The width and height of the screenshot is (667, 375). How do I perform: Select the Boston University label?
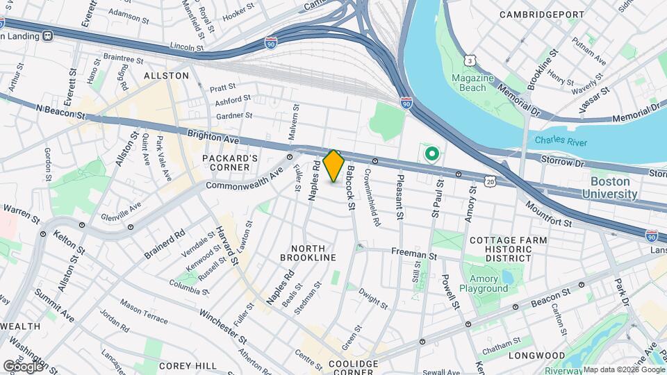click(x=614, y=187)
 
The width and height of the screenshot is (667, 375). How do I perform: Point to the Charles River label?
click(x=561, y=142)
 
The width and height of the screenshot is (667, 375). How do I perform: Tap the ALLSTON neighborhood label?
click(x=166, y=75)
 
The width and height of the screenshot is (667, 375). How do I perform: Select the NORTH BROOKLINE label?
click(x=308, y=253)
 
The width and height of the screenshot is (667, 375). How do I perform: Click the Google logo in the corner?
click(x=23, y=365)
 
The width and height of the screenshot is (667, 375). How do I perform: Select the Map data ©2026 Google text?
click(x=623, y=369)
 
